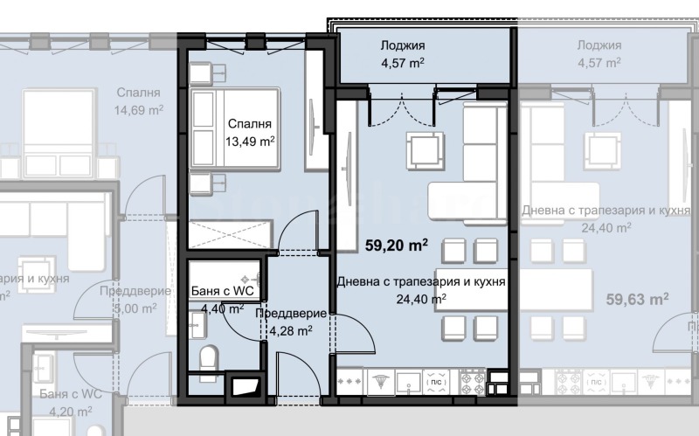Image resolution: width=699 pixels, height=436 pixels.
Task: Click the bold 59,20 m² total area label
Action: coord(395,246)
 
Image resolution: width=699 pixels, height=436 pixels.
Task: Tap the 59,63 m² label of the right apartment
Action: coord(637,300)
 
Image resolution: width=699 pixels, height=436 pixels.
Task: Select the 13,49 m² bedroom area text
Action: coord(250,140)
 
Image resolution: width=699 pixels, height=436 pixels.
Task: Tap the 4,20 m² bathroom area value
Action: coord(70,411)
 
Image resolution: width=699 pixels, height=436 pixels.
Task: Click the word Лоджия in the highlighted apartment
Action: coord(403,45)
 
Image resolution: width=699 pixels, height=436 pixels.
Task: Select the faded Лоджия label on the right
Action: coord(599,45)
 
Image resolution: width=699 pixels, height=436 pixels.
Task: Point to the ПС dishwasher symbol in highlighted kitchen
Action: coord(433,381)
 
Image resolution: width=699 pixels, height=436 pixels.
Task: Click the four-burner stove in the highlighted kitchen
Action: coord(473,381)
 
